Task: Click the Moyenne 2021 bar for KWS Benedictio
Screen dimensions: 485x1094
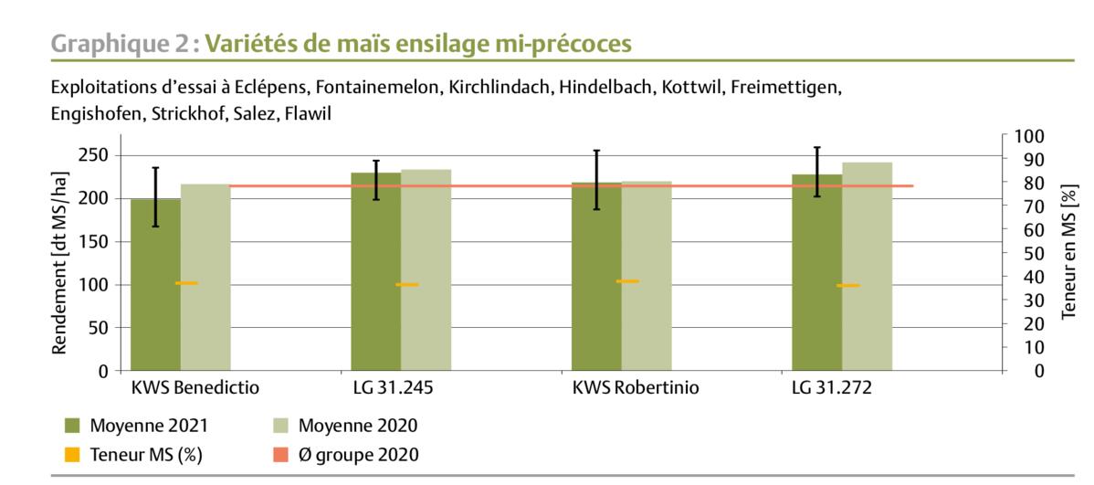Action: pos(155,292)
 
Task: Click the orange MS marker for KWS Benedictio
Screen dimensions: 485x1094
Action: pos(186,283)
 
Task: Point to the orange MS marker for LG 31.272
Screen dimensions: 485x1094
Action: pos(847,286)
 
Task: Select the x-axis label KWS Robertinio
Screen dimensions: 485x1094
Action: pos(636,388)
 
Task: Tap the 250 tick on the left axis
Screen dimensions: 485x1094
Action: pos(95,155)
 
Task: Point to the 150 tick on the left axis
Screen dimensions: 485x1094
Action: pos(95,242)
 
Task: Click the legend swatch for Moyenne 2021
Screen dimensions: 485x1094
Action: pos(72,426)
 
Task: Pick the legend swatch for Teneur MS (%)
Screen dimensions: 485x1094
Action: pos(72,454)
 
